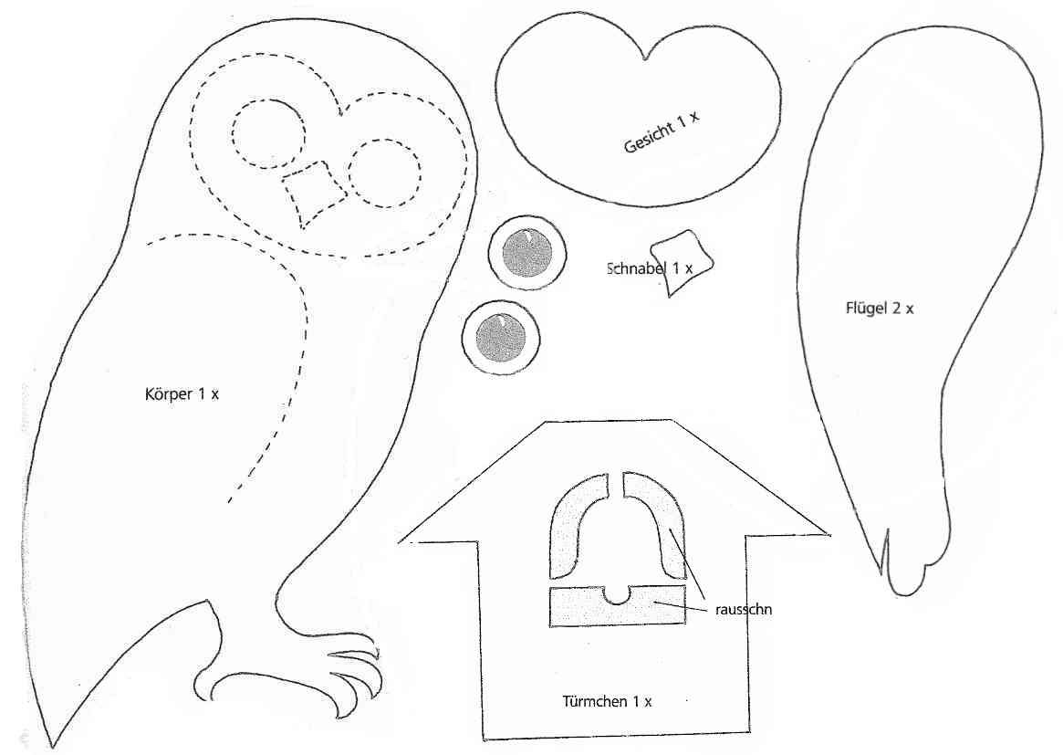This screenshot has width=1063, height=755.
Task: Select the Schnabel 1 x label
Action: point(650,268)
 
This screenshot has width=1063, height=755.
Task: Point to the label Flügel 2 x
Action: point(880,308)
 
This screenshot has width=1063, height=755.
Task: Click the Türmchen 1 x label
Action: point(607,701)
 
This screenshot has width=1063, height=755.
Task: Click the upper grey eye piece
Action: point(526,254)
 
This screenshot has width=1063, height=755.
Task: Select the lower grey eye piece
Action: point(501,337)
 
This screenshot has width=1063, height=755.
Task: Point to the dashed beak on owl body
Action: point(315,192)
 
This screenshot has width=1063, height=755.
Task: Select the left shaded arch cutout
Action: point(573,530)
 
